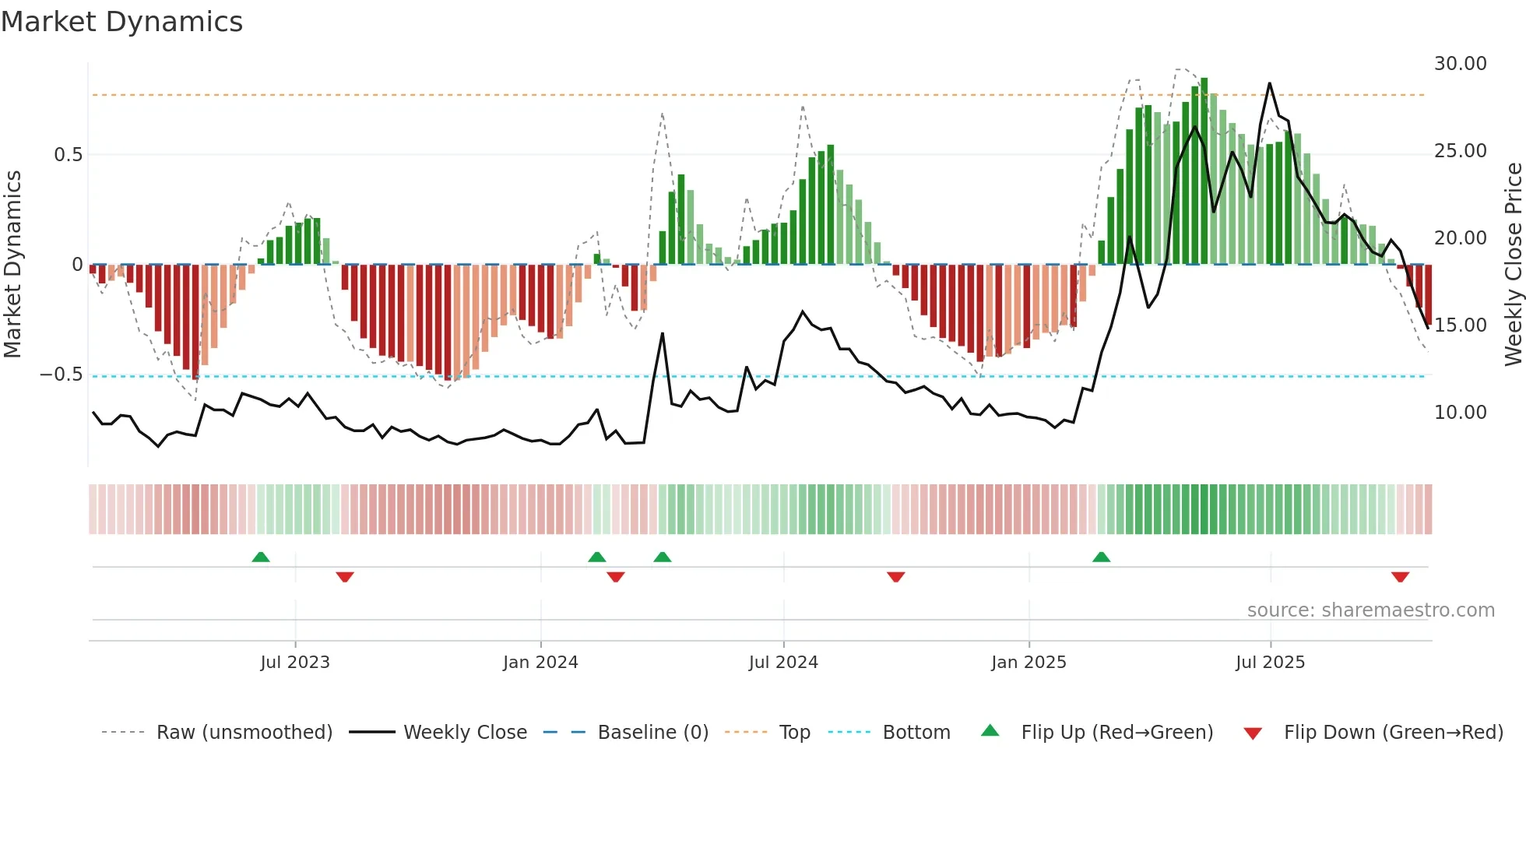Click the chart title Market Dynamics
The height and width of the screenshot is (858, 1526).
(121, 22)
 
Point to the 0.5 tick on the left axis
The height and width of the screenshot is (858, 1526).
(69, 155)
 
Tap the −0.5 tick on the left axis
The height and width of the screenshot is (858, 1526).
(62, 374)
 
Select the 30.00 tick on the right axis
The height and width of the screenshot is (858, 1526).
(1460, 64)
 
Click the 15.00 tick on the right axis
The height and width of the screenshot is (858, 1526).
(1460, 325)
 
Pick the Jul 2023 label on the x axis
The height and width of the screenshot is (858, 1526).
(295, 663)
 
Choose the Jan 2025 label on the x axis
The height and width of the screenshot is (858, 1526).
(1028, 663)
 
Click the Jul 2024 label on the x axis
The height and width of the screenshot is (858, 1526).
(783, 663)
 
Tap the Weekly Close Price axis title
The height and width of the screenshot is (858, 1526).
(1513, 265)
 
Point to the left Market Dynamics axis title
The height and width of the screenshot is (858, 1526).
(13, 265)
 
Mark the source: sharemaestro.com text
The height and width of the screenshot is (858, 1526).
(1370, 610)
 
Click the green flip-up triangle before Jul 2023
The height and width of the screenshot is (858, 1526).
(261, 557)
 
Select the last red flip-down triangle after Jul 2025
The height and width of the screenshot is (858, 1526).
(1400, 577)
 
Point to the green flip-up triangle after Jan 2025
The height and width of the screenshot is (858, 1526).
(1101, 557)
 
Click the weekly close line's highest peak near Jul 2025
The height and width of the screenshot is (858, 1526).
(1270, 83)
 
